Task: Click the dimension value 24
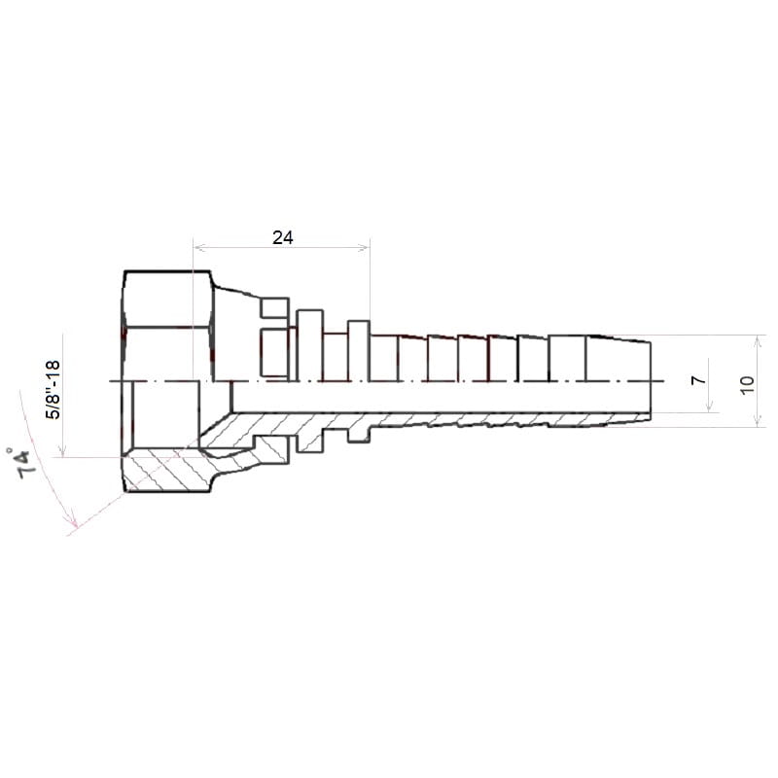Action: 282,237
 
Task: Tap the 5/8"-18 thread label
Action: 53,390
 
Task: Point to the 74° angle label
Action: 23,464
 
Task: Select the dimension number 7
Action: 698,380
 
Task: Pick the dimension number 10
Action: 746,384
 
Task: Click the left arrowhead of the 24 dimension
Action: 198,247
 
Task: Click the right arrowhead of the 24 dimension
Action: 364,247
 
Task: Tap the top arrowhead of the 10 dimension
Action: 758,341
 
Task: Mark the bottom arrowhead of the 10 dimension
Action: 758,421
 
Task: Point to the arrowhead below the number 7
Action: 710,407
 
